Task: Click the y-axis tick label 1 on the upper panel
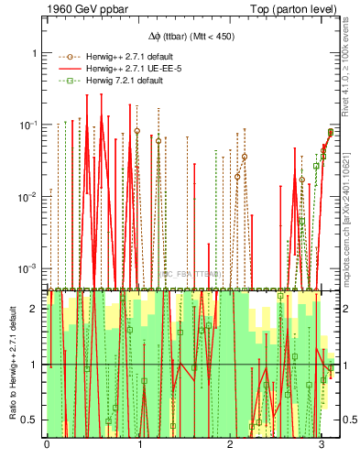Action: click(x=35, y=53)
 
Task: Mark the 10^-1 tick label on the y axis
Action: click(x=29, y=125)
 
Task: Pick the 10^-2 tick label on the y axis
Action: click(x=29, y=196)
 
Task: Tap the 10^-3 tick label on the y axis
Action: click(x=29, y=267)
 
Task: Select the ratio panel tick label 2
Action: click(x=35, y=309)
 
